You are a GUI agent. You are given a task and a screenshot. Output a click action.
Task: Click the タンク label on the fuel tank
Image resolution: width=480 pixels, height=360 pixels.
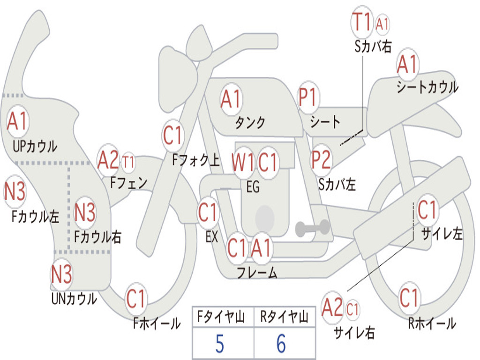point(250,122)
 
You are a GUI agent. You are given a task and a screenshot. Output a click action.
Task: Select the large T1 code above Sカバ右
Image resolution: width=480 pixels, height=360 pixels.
point(362,22)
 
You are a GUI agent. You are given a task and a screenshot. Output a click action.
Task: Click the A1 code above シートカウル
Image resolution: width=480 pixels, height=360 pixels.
point(407,64)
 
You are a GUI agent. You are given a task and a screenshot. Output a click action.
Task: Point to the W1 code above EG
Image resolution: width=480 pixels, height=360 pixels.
point(243,162)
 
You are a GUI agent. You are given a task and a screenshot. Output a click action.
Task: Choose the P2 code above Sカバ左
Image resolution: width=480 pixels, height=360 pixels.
point(322,159)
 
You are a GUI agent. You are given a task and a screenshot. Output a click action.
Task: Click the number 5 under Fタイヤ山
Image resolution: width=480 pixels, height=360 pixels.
point(220,344)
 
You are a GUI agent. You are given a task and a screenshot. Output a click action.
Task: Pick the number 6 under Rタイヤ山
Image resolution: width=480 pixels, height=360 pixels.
point(281,344)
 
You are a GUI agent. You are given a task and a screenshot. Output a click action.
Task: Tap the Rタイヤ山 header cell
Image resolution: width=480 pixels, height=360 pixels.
point(285,316)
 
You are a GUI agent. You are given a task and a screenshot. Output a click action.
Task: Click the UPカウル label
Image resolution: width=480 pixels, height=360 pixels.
point(35,146)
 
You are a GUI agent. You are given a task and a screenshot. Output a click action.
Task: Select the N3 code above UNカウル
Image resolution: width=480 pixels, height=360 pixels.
point(61,274)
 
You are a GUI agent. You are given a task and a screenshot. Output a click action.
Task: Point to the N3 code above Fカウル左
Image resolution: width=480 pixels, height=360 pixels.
point(15,191)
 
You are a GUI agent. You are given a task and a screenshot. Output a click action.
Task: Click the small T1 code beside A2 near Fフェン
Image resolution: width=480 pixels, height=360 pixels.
point(128,162)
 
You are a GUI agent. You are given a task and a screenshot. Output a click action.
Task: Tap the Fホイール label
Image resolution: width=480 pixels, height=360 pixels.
point(157,323)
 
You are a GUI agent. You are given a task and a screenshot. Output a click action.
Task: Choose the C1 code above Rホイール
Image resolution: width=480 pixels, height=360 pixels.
point(409,298)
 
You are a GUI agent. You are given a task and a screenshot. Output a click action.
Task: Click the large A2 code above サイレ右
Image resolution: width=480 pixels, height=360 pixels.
point(332,307)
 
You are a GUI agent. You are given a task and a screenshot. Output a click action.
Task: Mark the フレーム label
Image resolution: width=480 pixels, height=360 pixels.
point(257,272)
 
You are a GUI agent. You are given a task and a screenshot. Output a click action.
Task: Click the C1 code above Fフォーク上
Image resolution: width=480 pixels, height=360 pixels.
point(172,135)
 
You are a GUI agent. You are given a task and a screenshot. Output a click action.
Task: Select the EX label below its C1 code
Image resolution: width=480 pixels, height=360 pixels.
point(212,237)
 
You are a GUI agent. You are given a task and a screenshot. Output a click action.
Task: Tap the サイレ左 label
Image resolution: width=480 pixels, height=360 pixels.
point(442,234)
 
